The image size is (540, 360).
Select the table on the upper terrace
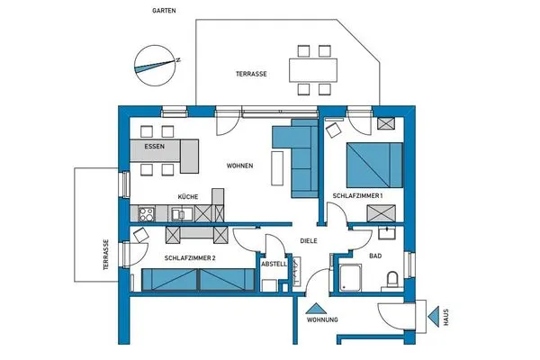click(312, 68)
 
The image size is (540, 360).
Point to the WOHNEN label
click(239, 166)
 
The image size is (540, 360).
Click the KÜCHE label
click(187, 196)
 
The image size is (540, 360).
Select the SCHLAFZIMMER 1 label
click(358, 195)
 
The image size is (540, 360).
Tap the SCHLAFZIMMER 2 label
click(196, 257)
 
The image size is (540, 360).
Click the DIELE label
click(309, 240)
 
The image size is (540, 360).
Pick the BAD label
click(377, 256)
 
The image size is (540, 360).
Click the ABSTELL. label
click(274, 265)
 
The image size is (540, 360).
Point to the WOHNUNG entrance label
click(322, 320)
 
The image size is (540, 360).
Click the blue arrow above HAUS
click(442, 317)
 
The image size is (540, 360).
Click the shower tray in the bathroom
click(348, 279)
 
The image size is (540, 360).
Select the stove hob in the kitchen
click(146, 214)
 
